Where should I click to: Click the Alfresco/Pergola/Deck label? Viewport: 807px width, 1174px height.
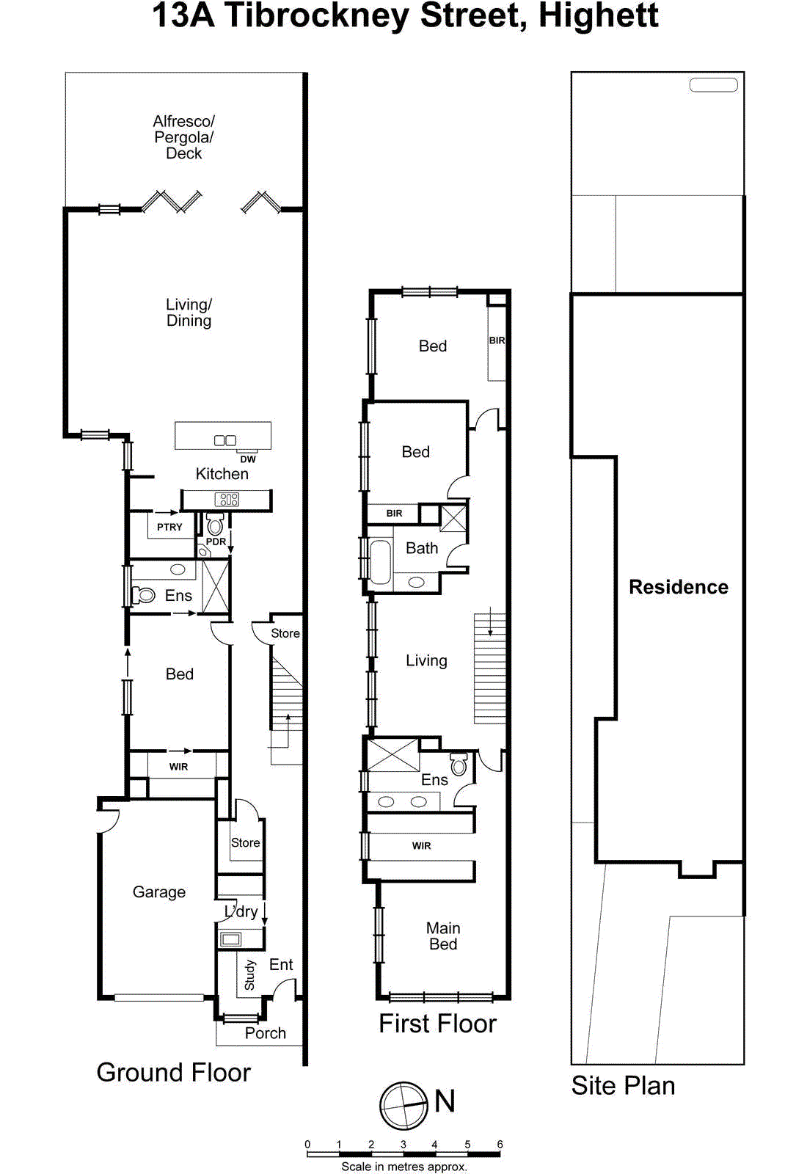point(183,137)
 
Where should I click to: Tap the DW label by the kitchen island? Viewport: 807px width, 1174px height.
point(248,459)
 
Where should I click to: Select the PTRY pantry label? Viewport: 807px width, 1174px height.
point(169,527)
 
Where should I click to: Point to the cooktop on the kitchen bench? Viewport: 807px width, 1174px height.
point(227,500)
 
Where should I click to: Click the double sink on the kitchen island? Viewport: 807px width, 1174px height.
point(224,440)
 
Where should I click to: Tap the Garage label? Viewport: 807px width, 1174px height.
point(158,892)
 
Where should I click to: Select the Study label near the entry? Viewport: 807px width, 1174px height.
point(249,975)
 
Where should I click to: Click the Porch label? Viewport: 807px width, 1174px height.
point(265,1033)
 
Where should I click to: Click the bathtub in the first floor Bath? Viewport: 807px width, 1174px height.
point(380,562)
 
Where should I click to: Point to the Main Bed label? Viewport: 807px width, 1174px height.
point(443,936)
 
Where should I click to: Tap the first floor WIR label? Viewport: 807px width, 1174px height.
point(421,846)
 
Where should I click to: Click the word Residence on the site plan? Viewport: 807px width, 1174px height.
point(679,587)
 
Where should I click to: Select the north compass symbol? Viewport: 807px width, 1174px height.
point(403,1106)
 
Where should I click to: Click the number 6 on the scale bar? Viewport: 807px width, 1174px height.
point(500,1144)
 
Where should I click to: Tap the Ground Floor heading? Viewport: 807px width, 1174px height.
point(173,1072)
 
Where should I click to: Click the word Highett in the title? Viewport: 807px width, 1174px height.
point(599,16)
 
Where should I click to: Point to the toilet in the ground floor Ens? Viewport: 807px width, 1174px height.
point(144,595)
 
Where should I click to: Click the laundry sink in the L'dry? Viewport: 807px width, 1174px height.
point(231,938)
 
